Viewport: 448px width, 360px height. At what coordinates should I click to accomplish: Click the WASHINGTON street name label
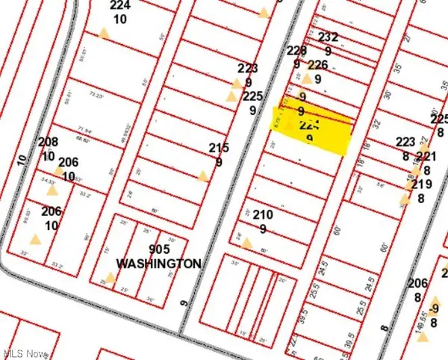click(x=158, y=264)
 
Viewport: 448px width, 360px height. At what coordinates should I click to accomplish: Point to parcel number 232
click(x=329, y=37)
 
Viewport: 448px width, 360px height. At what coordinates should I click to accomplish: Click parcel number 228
click(x=297, y=51)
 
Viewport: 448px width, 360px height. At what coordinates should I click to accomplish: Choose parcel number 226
click(x=318, y=65)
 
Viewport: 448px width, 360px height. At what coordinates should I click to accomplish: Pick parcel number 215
click(x=219, y=149)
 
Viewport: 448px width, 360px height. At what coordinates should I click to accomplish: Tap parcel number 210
click(x=262, y=215)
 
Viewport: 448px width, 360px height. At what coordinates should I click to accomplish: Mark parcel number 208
click(x=49, y=142)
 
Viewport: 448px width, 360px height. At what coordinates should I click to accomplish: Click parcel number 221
click(x=426, y=156)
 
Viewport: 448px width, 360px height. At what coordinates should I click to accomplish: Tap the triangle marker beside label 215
click(x=202, y=177)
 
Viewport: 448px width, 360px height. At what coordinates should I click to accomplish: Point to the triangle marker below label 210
click(x=247, y=243)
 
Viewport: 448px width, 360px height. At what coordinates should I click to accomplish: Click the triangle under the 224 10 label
click(x=105, y=33)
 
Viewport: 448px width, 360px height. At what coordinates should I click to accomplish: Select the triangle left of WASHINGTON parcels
click(x=111, y=278)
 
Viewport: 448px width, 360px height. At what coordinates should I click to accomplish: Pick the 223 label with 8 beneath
click(x=405, y=142)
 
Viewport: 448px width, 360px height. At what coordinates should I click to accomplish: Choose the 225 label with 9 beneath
click(x=252, y=96)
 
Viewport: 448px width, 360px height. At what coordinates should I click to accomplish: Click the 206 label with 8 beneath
click(x=418, y=283)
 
